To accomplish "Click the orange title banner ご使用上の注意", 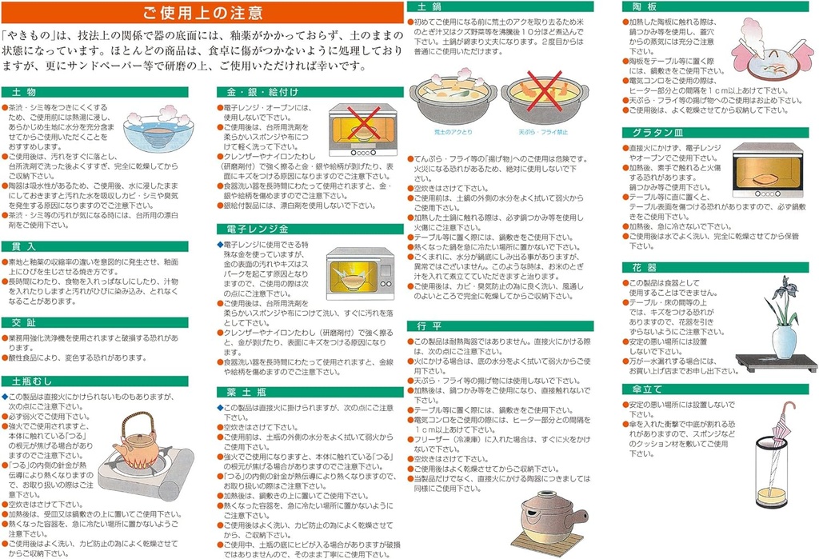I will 202,13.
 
